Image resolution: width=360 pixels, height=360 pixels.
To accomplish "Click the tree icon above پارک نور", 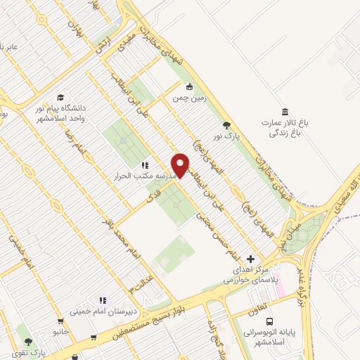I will coord(226,124).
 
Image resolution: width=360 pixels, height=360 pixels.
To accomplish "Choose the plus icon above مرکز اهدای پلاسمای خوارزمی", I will coord(250,259).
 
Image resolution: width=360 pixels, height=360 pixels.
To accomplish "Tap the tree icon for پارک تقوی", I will coord(28,341).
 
